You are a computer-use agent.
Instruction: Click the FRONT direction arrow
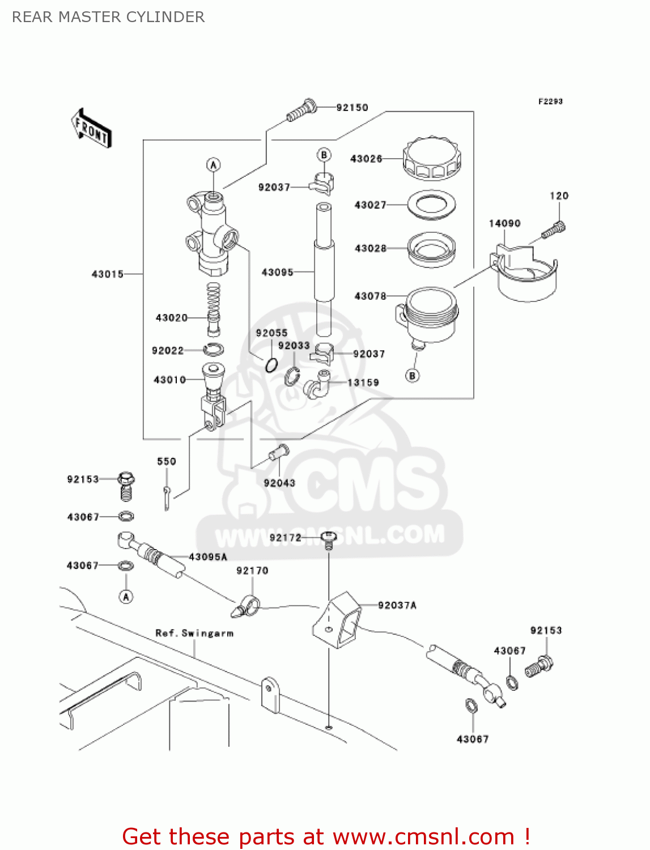(x=91, y=129)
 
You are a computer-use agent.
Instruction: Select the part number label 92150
(x=352, y=108)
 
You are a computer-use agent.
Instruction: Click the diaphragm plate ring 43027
(x=432, y=205)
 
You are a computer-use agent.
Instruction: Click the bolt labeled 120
(x=553, y=229)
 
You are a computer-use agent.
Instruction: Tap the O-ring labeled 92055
(x=271, y=365)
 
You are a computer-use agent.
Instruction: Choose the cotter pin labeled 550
(x=167, y=497)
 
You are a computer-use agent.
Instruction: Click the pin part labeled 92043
(x=279, y=453)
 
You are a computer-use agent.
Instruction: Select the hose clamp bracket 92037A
(x=338, y=619)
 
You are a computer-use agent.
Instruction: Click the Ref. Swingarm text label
(x=194, y=633)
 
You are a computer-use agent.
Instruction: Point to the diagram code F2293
(x=550, y=101)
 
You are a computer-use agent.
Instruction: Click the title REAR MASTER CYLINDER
(x=108, y=17)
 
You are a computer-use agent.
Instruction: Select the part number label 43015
(x=107, y=274)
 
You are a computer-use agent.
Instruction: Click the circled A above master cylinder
(x=213, y=165)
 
